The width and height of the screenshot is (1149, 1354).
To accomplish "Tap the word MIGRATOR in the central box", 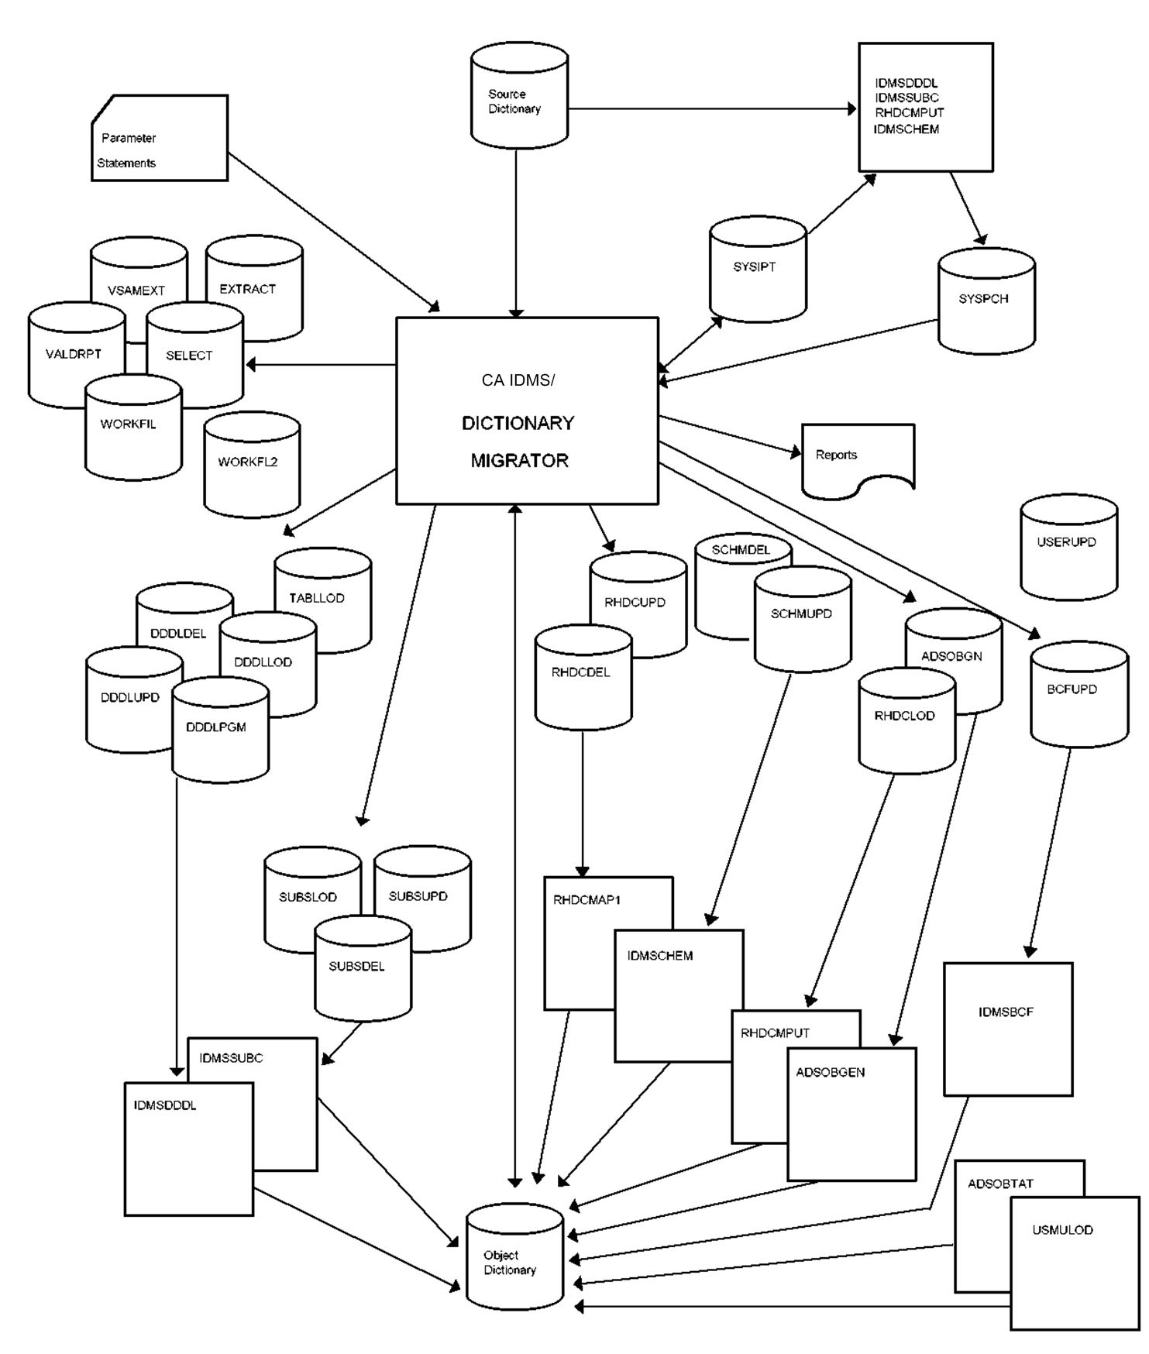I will click(x=519, y=461).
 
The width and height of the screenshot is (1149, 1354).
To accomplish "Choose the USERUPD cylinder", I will click(x=1068, y=547).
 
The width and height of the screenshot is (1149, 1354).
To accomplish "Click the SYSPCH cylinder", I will click(x=986, y=301).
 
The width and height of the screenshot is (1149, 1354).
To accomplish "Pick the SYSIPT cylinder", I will click(x=757, y=270).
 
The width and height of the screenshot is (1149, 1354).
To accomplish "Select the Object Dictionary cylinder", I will click(x=514, y=1256).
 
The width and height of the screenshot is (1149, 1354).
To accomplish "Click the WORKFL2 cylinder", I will click(x=251, y=465).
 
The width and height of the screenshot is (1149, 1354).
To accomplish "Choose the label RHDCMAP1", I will click(x=587, y=900).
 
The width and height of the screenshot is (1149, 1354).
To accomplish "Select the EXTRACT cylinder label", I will click(x=247, y=289).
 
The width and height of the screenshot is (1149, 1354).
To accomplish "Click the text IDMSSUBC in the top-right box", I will click(x=906, y=98).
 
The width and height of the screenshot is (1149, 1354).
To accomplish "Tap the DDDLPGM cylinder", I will click(x=219, y=730).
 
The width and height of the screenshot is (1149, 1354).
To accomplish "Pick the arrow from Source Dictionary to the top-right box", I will click(x=713, y=109).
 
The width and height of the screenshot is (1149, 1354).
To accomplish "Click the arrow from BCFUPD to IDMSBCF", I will click(x=1050, y=852).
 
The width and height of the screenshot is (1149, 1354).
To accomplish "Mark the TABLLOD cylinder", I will click(x=322, y=600).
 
